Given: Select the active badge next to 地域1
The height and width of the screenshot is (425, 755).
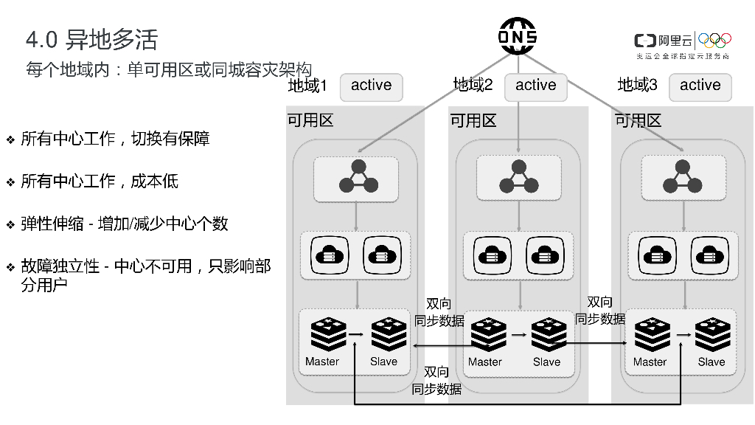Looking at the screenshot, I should tap(371, 86).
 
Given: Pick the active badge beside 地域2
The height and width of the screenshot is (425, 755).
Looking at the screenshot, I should tap(536, 86).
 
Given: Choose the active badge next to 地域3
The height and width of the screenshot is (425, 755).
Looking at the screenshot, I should tap(700, 86).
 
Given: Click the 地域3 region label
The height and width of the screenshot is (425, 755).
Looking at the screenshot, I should tap(637, 86).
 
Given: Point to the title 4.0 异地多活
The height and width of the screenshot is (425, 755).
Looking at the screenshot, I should tap(91, 39).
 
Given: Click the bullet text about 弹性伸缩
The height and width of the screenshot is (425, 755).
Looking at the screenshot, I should tap(124, 224).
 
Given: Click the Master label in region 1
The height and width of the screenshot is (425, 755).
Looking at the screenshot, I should tap(322, 362).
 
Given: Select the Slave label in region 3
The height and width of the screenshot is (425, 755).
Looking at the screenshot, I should tap(711, 362).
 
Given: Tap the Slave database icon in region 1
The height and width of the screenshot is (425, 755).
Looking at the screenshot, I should tap(389, 335).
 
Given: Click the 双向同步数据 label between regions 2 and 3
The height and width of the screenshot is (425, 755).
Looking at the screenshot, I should tap(599, 311).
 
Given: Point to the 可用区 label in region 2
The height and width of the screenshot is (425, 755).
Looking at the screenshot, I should tap(473, 120).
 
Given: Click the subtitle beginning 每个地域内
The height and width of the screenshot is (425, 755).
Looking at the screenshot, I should tap(169, 70).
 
